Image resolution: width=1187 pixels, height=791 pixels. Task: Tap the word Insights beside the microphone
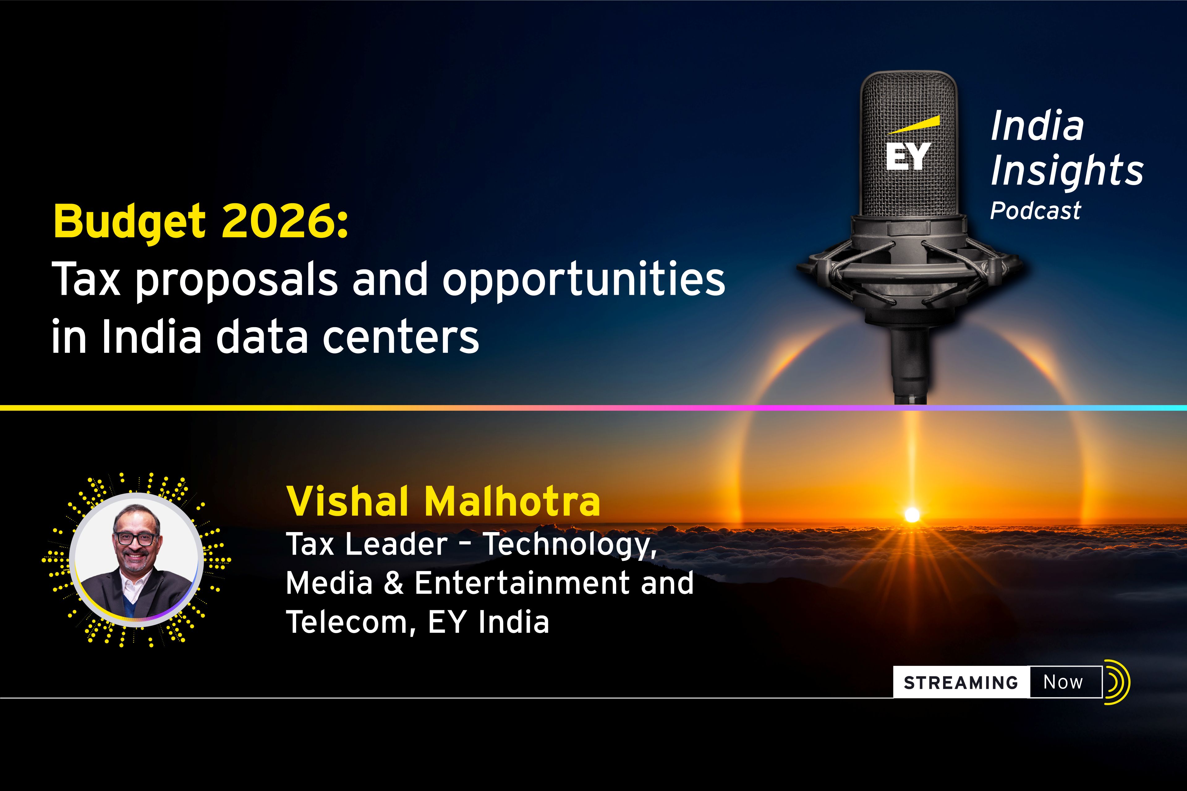pyautogui.click(x=1067, y=171)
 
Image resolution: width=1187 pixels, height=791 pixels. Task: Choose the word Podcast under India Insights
pyautogui.click(x=1035, y=211)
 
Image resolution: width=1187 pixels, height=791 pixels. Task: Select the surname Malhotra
pyautogui.click(x=512, y=501)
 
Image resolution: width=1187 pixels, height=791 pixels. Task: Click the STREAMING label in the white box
pyautogui.click(x=961, y=683)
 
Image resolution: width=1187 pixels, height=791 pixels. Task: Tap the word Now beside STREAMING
pyautogui.click(x=1063, y=682)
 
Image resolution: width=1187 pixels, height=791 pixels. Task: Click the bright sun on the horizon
pyautogui.click(x=912, y=514)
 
